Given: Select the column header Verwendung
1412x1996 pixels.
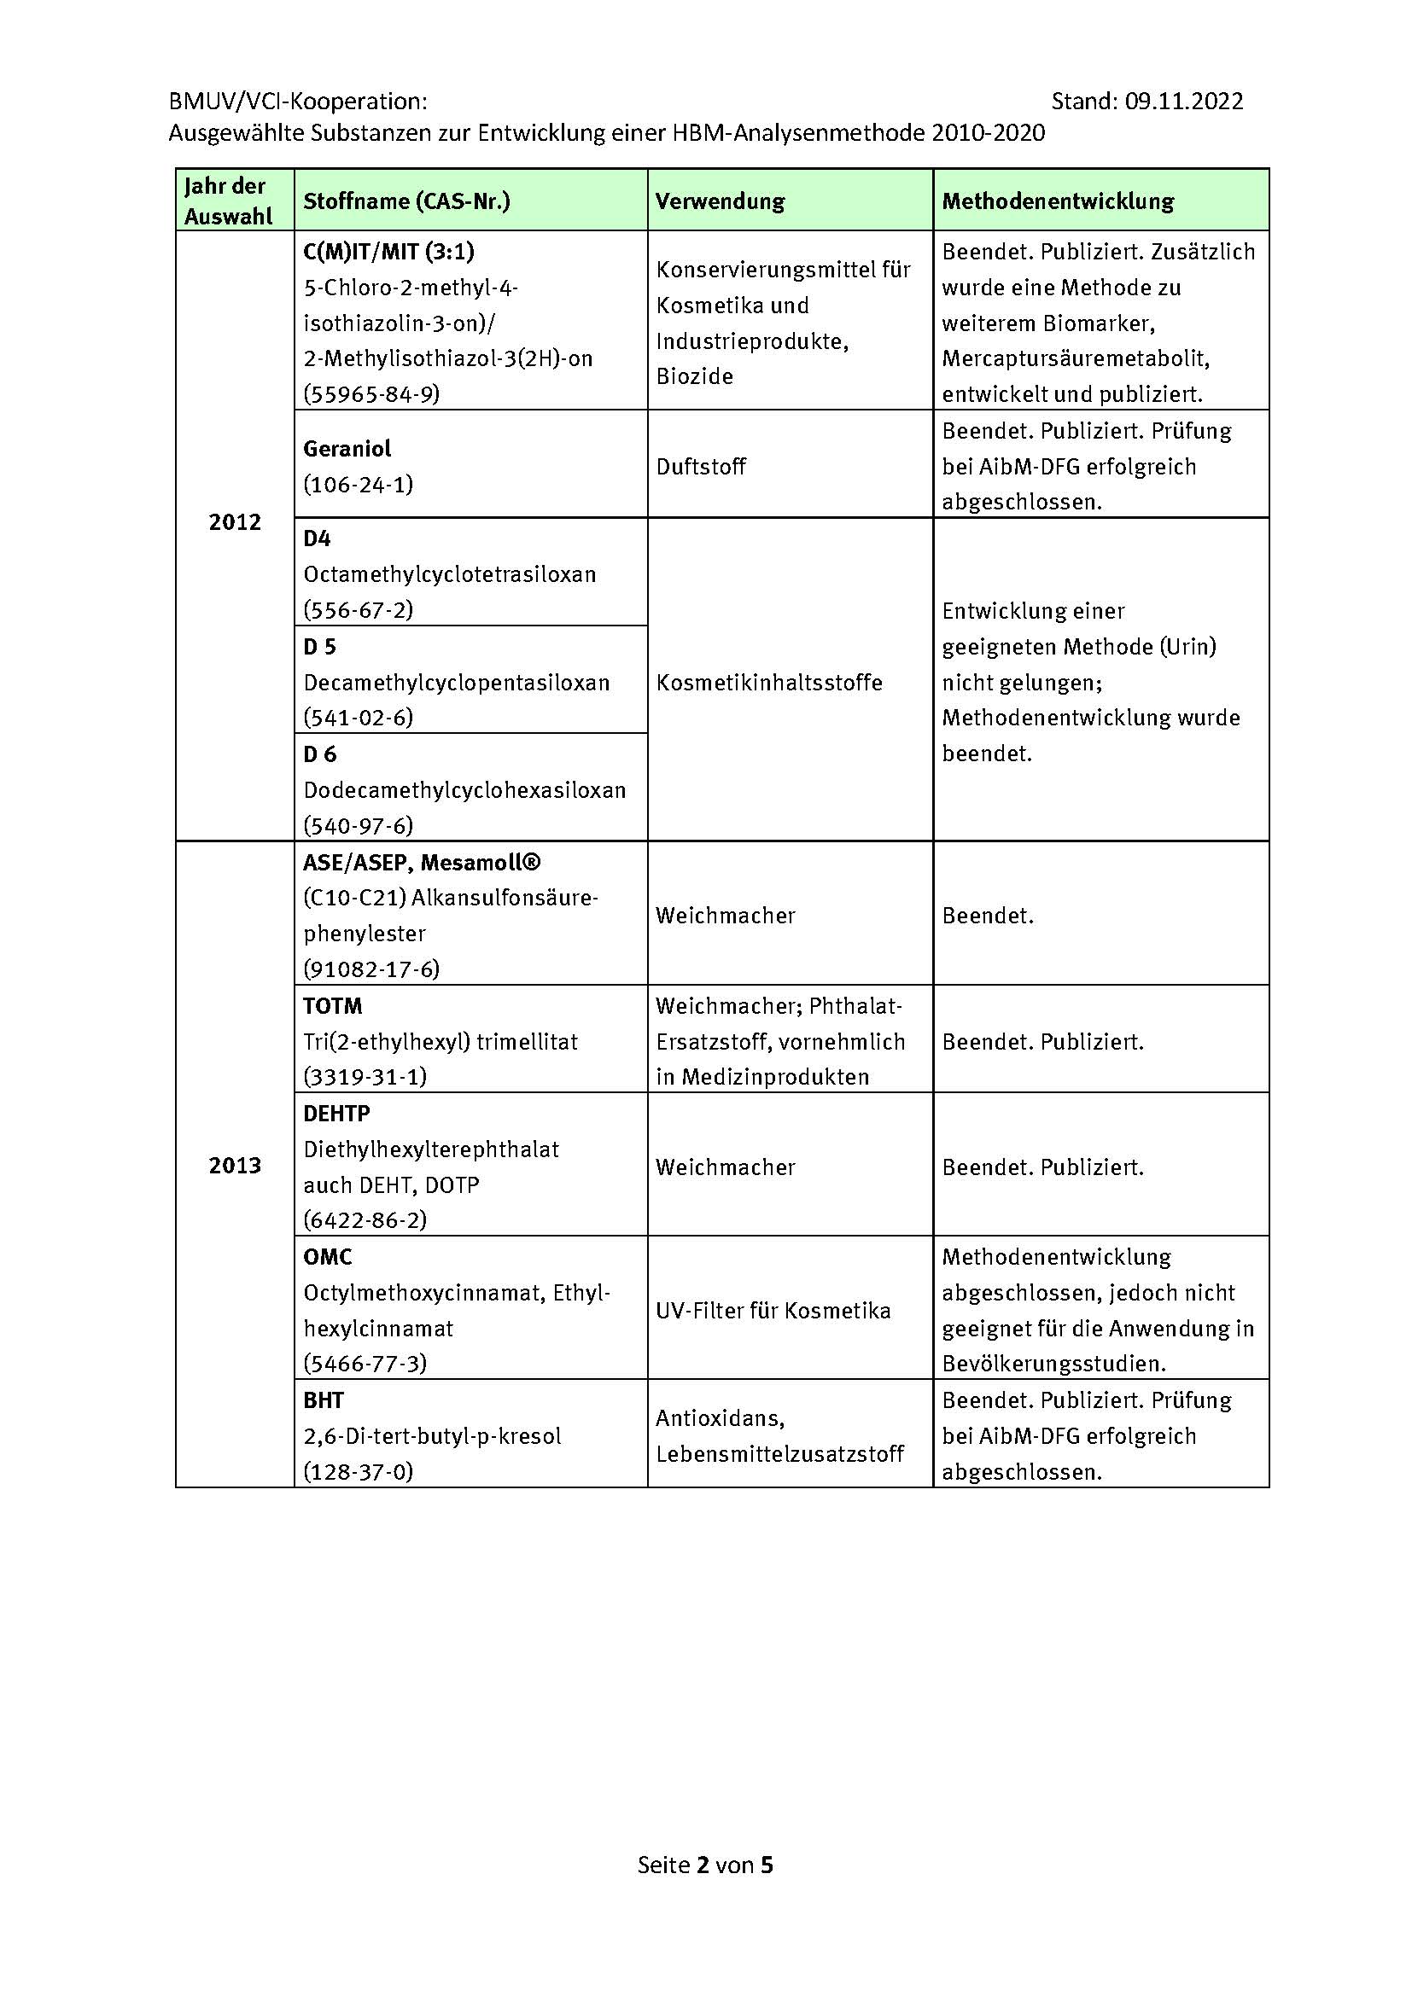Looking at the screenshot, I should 719,201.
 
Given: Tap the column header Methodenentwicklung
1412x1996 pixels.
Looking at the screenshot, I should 1057,201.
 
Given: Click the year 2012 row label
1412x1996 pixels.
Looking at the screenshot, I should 234,521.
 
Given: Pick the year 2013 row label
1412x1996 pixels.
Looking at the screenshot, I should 234,1165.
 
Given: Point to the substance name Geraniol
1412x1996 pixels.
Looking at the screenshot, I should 347,449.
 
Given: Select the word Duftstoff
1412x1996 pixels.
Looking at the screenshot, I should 701,467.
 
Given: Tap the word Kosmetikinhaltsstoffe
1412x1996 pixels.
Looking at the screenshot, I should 768,683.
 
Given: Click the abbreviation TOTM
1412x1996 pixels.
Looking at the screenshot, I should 332,1006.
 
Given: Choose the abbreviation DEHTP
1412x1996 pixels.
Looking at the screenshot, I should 336,1114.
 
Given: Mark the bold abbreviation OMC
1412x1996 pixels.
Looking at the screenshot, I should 328,1257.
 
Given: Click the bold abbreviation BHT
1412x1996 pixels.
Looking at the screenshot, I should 324,1400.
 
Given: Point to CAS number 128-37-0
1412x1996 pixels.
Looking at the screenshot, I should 359,1472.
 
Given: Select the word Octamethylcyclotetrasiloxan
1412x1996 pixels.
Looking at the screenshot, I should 450,574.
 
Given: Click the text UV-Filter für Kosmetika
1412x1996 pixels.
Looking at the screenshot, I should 773,1310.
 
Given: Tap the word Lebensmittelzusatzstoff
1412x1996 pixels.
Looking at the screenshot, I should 780,1453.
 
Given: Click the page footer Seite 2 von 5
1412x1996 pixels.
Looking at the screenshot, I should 705,1865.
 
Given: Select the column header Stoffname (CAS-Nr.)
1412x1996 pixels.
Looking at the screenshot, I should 406,201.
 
